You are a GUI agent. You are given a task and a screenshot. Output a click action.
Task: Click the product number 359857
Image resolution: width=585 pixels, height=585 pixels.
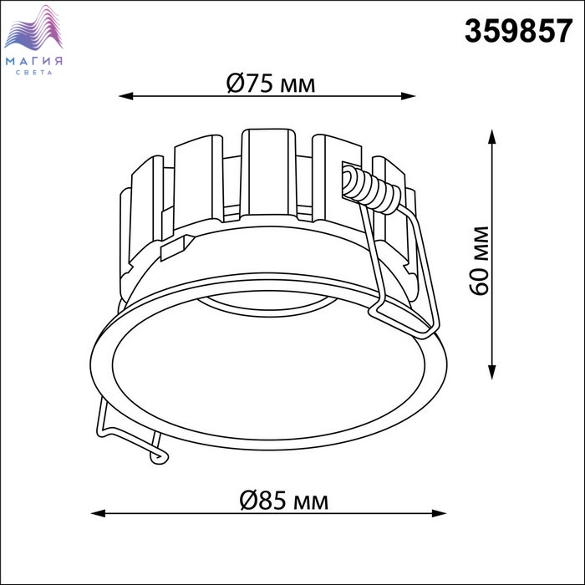click(x=518, y=32)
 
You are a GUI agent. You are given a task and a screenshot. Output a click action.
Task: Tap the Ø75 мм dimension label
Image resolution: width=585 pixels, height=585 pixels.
click(x=271, y=84)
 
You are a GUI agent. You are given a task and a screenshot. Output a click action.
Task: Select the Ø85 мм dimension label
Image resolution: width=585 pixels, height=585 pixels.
click(x=284, y=501)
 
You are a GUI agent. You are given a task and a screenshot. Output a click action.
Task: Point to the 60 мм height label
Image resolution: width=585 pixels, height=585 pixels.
click(x=479, y=261)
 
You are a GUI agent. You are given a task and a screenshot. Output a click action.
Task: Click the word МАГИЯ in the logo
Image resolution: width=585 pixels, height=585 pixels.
click(x=34, y=61)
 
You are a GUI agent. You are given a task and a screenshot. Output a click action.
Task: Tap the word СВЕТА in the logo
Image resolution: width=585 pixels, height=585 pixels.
click(x=34, y=73)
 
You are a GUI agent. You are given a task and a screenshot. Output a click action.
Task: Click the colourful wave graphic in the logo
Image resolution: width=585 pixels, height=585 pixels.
click(x=33, y=28)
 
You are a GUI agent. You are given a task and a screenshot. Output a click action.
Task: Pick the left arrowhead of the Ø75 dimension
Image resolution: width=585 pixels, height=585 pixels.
click(x=125, y=96)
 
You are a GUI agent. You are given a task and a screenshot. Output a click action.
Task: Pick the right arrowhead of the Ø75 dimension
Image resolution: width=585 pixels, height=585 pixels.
click(x=408, y=96)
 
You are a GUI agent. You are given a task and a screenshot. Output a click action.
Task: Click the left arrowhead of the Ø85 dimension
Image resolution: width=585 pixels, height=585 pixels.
click(x=98, y=513)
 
